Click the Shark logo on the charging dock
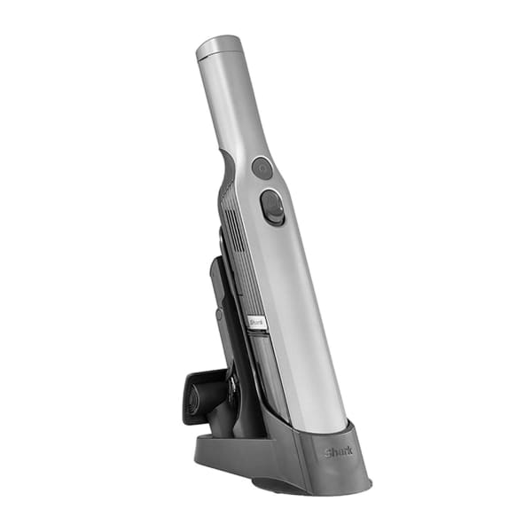pyautogui.click(x=339, y=452)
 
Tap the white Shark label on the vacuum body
pyautogui.click(x=256, y=322)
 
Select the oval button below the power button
pyautogui.click(x=272, y=207)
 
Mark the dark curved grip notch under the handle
pyautogui.click(x=227, y=168)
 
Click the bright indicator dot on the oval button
pyautogui.click(x=281, y=205)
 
